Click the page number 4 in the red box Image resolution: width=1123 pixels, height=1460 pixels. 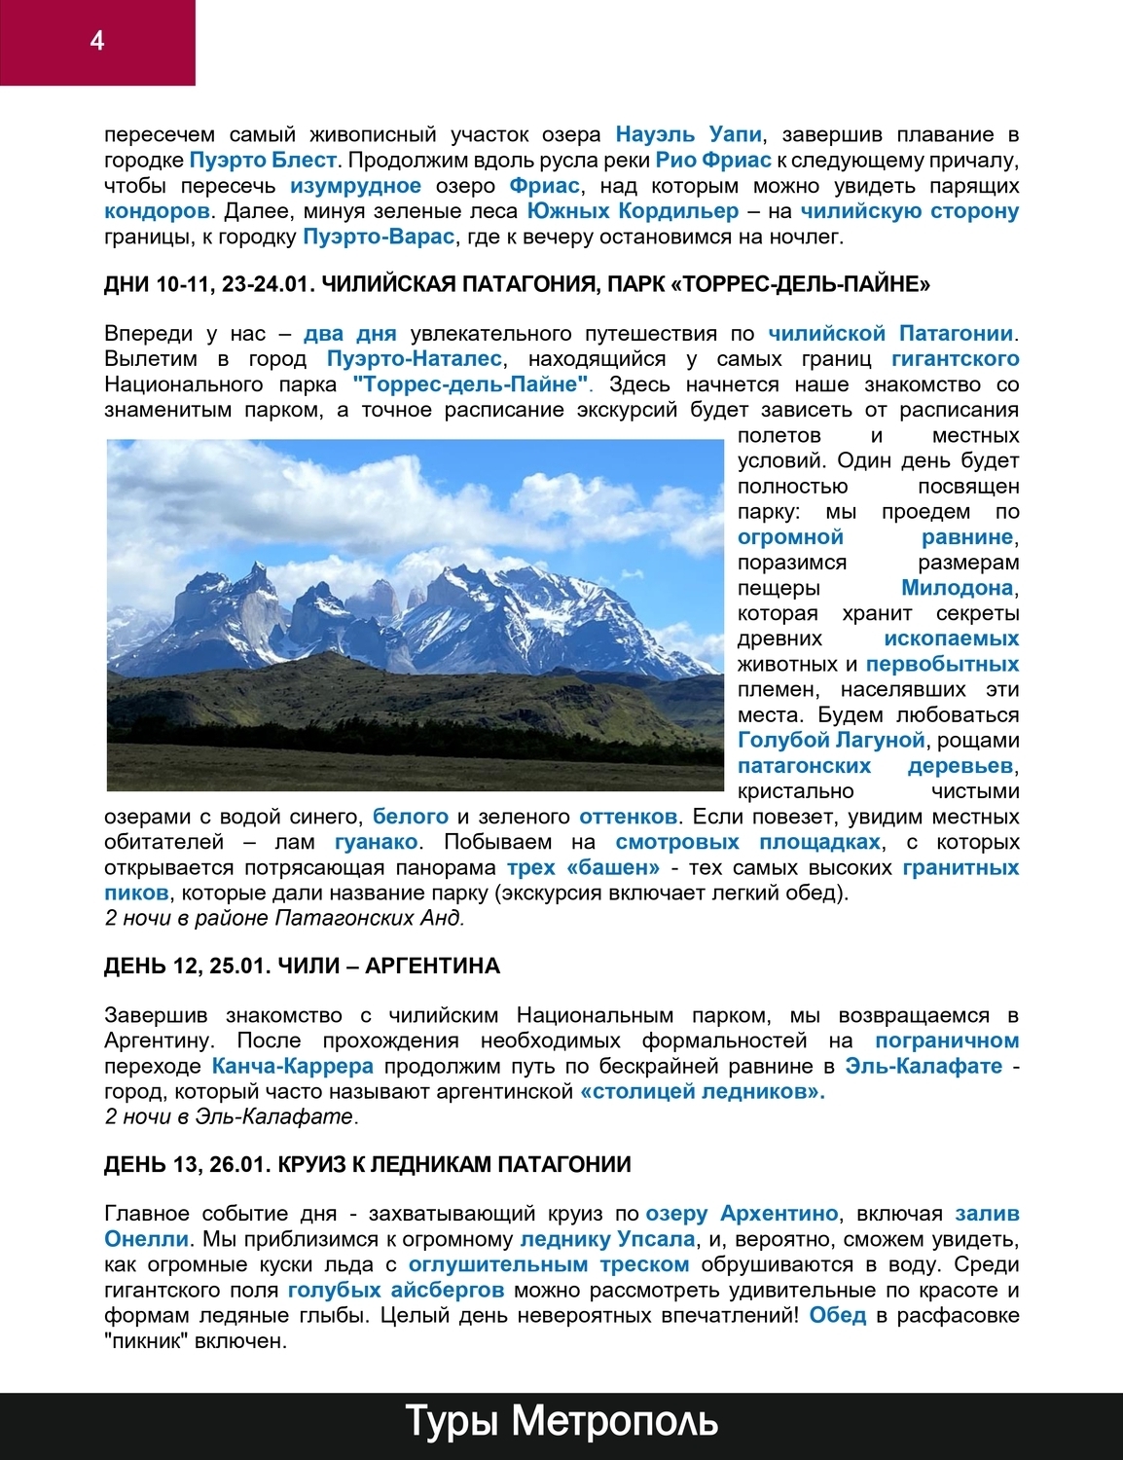(96, 40)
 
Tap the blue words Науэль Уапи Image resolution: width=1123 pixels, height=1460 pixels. (689, 134)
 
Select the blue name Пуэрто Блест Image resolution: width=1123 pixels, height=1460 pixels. (263, 160)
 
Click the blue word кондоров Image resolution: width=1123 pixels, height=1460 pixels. (157, 210)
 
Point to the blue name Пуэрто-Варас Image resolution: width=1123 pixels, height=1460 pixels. (379, 236)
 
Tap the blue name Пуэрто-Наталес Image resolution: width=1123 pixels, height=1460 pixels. (415, 358)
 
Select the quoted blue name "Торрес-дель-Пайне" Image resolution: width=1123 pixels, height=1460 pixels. (471, 383)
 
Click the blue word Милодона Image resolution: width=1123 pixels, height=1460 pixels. (958, 587)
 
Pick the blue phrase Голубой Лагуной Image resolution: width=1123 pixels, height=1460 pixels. (831, 740)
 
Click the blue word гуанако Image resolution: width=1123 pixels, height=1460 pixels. (376, 841)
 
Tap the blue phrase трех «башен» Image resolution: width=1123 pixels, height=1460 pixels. (583, 866)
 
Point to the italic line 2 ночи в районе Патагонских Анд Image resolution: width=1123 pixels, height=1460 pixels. (284, 917)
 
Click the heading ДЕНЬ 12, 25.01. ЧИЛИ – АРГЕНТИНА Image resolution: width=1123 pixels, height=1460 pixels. (302, 966)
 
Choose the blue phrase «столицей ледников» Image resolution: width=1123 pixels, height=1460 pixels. (703, 1091)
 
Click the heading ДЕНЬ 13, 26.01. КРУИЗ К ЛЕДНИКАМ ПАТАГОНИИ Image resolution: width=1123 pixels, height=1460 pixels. (368, 1164)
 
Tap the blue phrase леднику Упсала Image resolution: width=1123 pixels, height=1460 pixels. (607, 1239)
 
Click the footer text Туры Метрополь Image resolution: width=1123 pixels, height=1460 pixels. (561, 1421)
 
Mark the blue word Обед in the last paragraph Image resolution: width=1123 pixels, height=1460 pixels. (837, 1315)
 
